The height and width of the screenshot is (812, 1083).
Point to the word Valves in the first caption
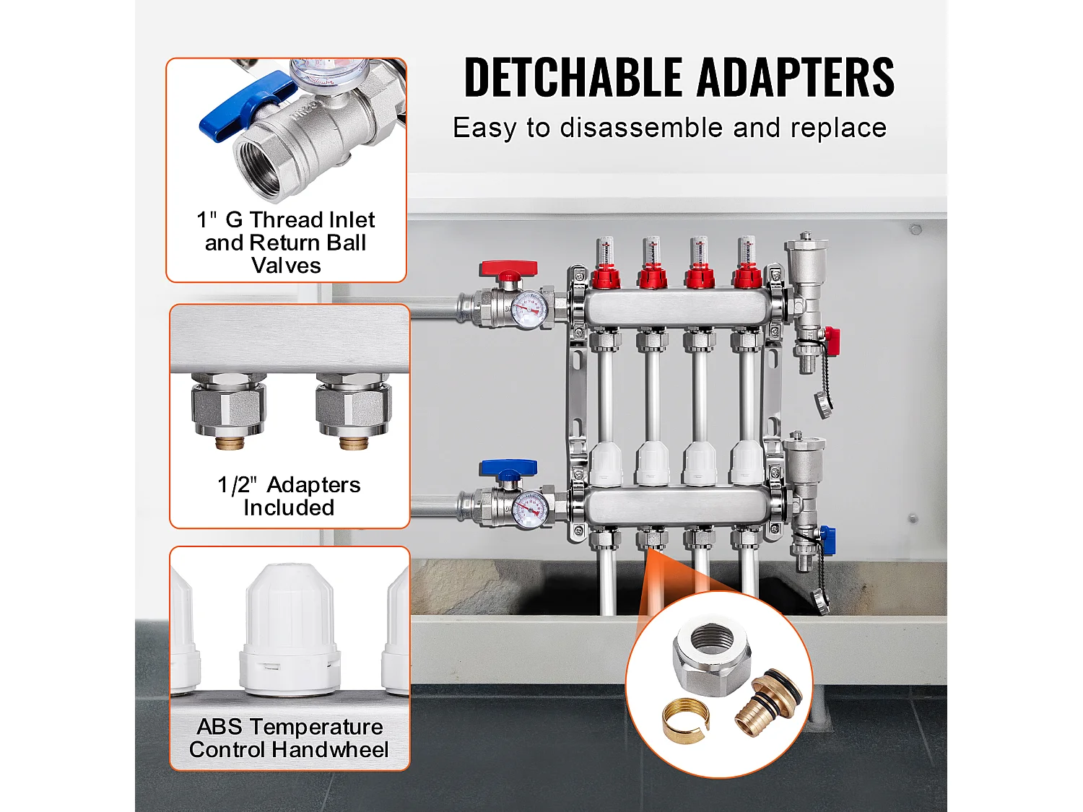click(x=286, y=266)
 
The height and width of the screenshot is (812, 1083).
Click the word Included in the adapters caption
click(x=289, y=508)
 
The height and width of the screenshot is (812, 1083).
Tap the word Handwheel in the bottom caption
click(x=331, y=750)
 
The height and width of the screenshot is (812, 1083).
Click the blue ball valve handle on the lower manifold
click(x=509, y=468)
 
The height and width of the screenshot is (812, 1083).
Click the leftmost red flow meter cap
click(x=606, y=278)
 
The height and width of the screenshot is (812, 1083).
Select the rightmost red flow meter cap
click(x=749, y=278)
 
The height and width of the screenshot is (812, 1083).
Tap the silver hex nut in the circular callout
click(x=712, y=660)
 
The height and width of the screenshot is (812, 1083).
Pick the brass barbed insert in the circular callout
click(x=767, y=705)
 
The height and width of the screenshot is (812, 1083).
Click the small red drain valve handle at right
click(x=832, y=336)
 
